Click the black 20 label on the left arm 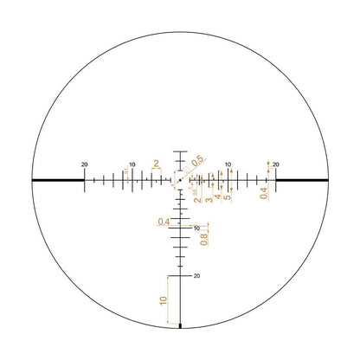coord(84,164)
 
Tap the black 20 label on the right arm coord(275,164)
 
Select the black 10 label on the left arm coord(132,164)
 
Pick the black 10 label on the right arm coord(228,164)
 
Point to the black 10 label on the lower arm coord(196,228)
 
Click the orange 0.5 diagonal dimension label coord(197,161)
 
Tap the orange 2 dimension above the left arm coord(156,162)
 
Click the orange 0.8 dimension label coord(204,238)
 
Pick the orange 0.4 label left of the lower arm coord(164,222)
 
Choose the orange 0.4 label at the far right coord(263,195)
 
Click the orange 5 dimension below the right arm coord(227,197)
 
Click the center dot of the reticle coord(180,180)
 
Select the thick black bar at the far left coord(57,180)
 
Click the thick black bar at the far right coord(303,180)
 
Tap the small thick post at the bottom coord(180,326)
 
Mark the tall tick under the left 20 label coord(85,179)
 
